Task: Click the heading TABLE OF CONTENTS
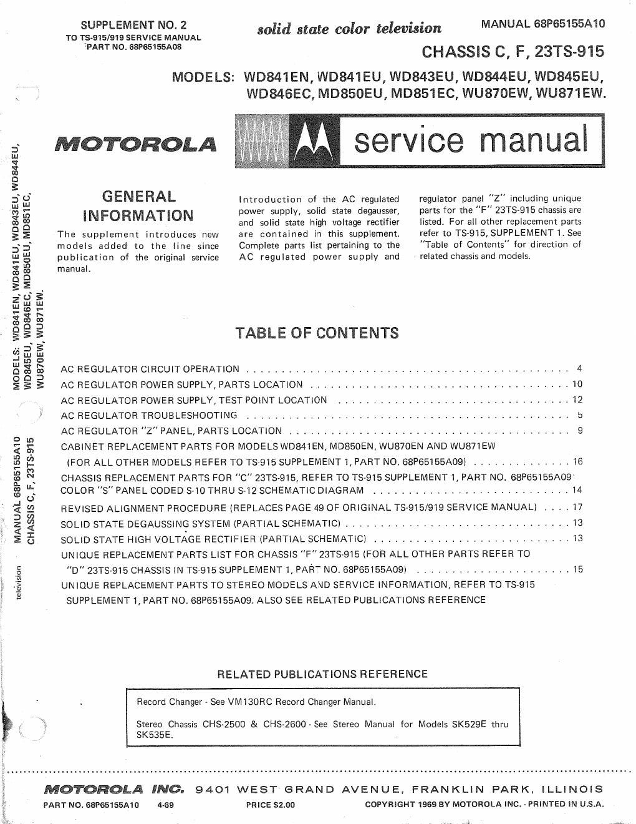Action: pyautogui.click(x=317, y=332)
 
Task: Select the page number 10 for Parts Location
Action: pyautogui.click(x=577, y=384)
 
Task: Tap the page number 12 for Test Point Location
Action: pyautogui.click(x=577, y=400)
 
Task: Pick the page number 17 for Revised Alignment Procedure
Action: pyautogui.click(x=577, y=507)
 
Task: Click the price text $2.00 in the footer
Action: pyautogui.click(x=271, y=805)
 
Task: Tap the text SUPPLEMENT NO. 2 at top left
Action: pyautogui.click(x=134, y=26)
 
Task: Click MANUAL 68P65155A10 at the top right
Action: pyautogui.click(x=542, y=25)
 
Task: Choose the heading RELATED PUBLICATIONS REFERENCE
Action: pyautogui.click(x=322, y=674)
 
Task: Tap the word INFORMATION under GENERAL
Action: pyautogui.click(x=138, y=216)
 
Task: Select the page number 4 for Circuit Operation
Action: pyautogui.click(x=579, y=368)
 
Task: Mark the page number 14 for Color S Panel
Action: pyautogui.click(x=577, y=490)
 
